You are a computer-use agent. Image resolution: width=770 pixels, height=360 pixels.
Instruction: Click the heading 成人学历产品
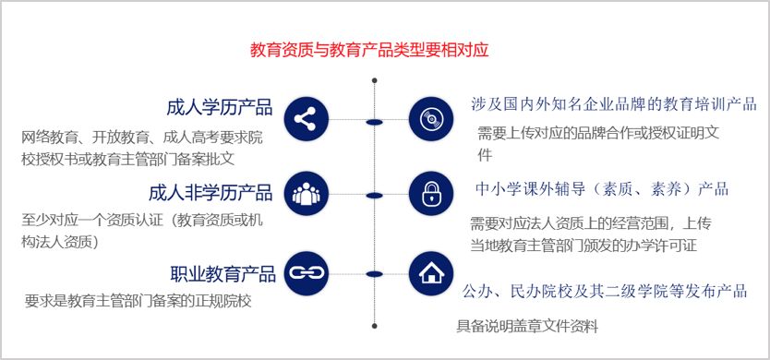pyautogui.click(x=220, y=107)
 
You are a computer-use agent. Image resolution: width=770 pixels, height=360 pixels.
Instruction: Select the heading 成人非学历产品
pyautogui.click(x=211, y=193)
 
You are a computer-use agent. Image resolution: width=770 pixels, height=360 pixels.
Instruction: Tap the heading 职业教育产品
pyautogui.click(x=223, y=274)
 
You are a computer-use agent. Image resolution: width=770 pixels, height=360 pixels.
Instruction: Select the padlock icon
pyautogui.click(x=431, y=194)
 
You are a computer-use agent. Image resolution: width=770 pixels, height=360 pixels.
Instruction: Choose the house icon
pyautogui.click(x=431, y=272)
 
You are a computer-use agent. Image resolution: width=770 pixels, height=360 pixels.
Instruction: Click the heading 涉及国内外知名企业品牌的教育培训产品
pyautogui.click(x=613, y=102)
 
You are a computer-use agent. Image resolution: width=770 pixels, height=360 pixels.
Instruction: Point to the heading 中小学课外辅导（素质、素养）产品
pyautogui.click(x=602, y=190)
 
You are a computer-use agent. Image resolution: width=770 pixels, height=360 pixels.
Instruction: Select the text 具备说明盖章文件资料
pyautogui.click(x=528, y=326)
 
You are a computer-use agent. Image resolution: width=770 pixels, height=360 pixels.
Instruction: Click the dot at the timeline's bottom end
pyautogui.click(x=374, y=325)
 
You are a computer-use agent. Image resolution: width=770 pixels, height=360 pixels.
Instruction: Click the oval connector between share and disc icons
pyautogui.click(x=374, y=121)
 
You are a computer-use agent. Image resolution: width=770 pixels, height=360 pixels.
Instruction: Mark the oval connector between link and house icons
pyautogui.click(x=374, y=273)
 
